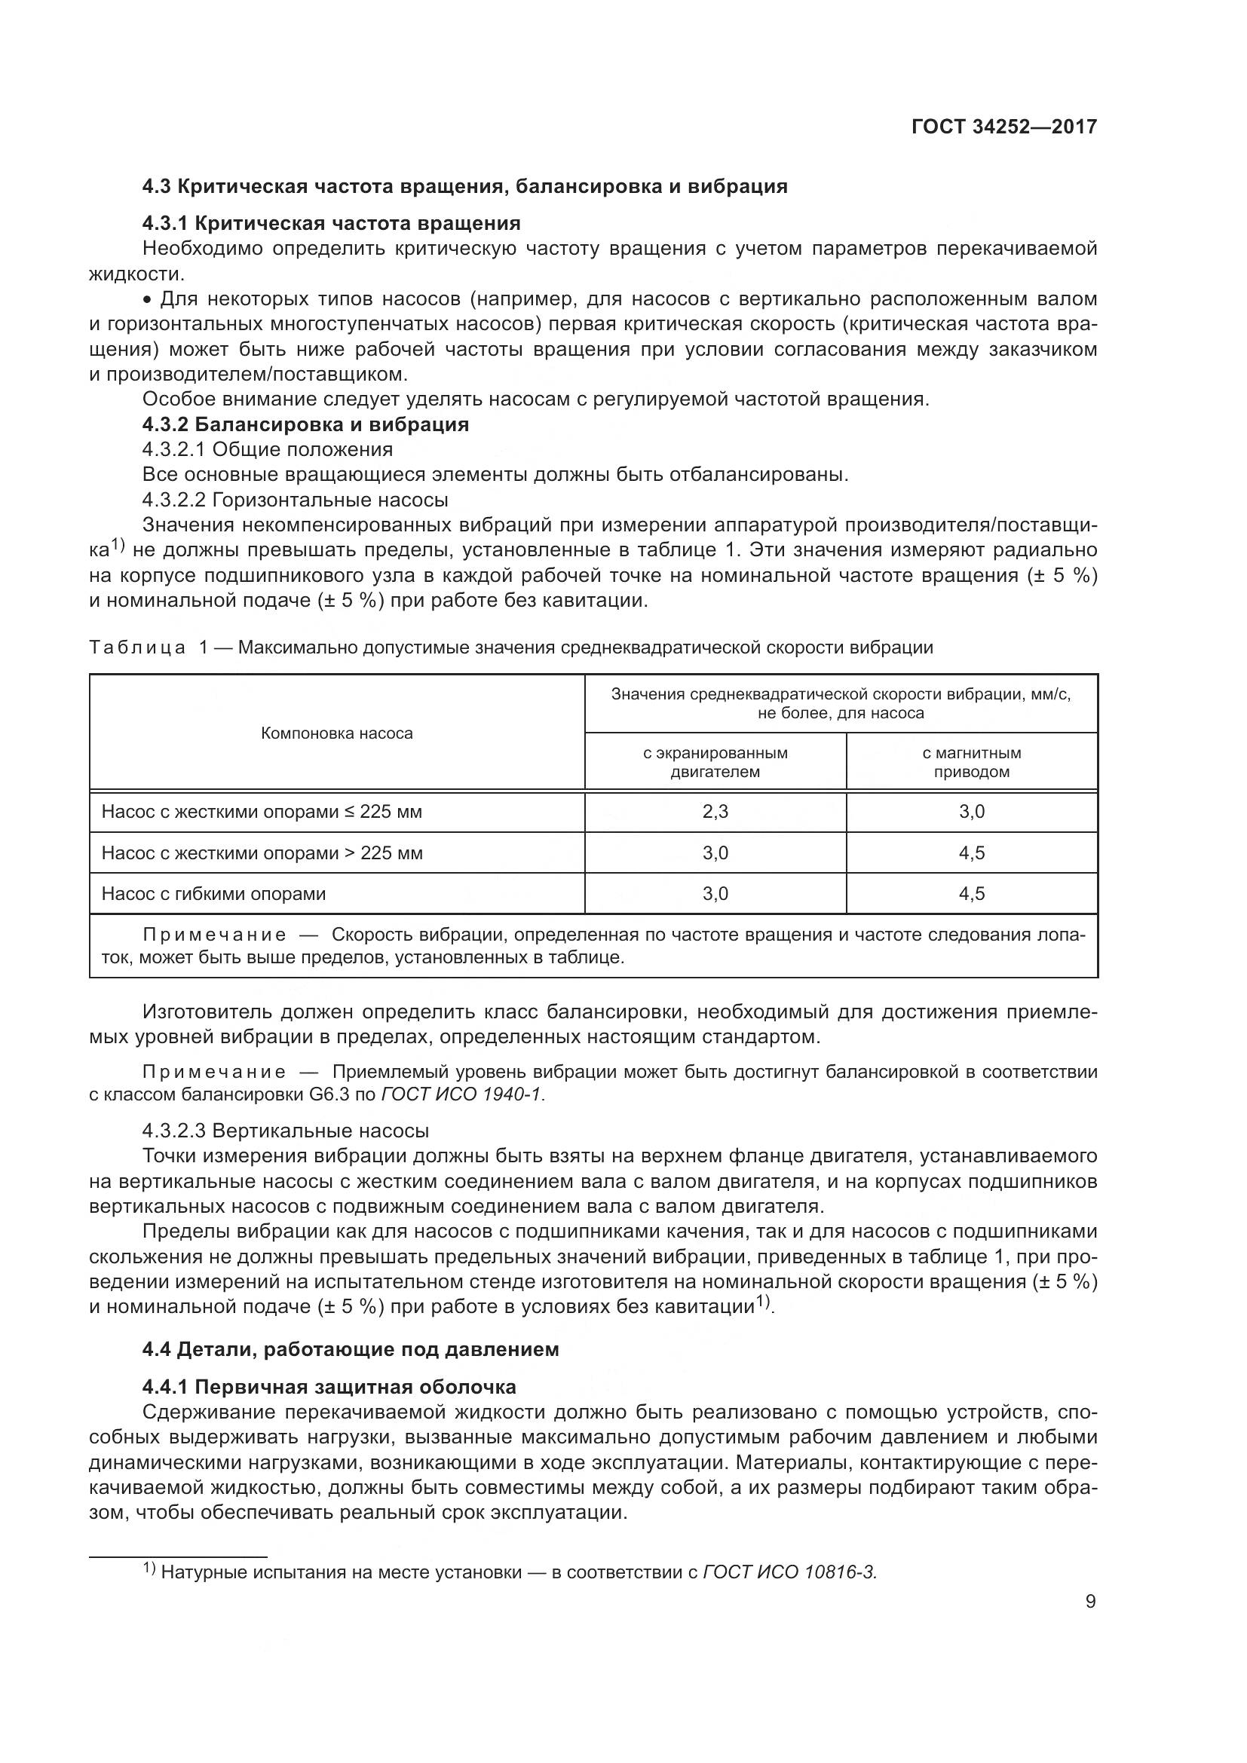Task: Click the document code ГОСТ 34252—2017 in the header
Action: coord(1003,127)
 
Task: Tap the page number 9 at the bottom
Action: coord(1090,1602)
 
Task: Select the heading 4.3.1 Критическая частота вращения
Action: coord(331,223)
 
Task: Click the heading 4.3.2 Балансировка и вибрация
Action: coord(305,424)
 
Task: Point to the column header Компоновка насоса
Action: coord(336,733)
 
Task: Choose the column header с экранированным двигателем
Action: coord(715,762)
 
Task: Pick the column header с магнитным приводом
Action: coord(971,762)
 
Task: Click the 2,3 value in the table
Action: coord(715,812)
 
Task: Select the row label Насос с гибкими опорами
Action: coord(213,894)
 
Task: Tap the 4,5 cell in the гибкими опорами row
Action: coord(971,894)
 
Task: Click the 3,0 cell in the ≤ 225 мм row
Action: coord(971,812)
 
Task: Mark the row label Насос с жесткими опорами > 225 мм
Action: coord(262,853)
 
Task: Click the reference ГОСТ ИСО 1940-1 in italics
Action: coord(461,1095)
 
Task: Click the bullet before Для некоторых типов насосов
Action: coord(148,298)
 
